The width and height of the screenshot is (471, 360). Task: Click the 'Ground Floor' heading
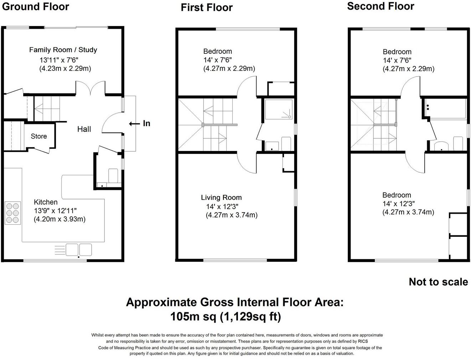[35, 6]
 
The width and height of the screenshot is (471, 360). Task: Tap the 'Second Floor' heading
[380, 6]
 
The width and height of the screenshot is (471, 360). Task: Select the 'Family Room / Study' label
[63, 50]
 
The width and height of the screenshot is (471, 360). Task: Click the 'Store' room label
[38, 136]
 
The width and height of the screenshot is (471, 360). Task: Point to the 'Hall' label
[84, 129]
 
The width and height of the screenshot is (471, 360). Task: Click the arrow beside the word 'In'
[134, 124]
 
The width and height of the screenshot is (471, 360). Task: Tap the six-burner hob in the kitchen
[13, 213]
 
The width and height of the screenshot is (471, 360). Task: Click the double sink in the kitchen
[79, 249]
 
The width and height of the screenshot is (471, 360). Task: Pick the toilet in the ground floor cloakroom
[113, 176]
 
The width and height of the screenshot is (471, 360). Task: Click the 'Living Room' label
[221, 198]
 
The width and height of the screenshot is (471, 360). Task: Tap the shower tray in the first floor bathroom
[279, 109]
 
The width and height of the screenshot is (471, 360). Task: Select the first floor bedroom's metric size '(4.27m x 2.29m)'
[229, 68]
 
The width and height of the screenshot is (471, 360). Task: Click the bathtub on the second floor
[445, 109]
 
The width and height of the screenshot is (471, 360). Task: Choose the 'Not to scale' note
[438, 282]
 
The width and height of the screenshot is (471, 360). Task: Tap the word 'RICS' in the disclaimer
[363, 341]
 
